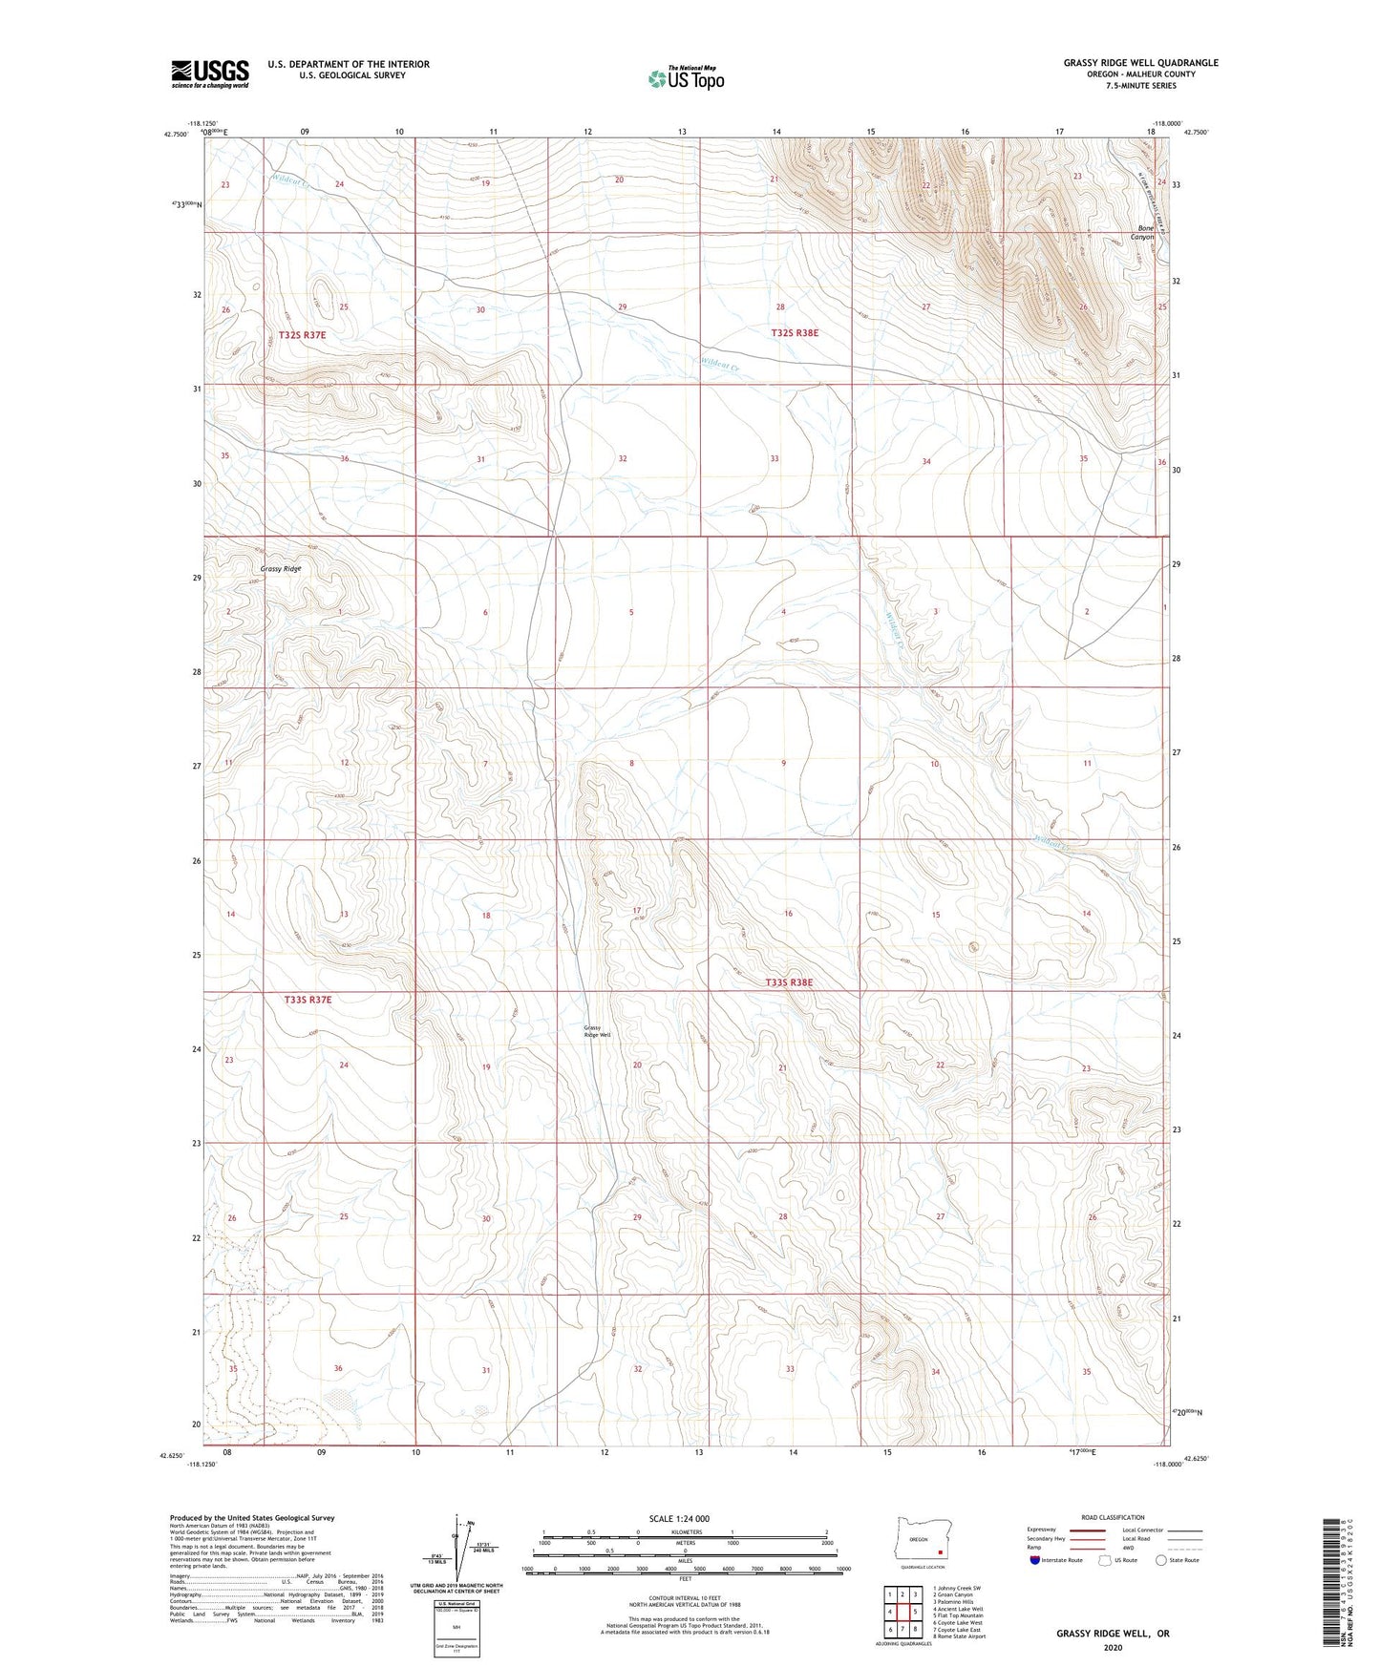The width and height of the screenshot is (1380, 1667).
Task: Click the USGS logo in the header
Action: pos(210,74)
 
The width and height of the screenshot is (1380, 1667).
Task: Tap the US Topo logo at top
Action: pos(686,78)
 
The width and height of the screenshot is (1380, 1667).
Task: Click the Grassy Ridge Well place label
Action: pos(597,1031)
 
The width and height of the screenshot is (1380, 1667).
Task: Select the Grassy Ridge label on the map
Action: pos(280,569)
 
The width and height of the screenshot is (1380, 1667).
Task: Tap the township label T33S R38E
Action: pos(789,982)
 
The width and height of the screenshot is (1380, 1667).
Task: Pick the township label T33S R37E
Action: pos(308,1000)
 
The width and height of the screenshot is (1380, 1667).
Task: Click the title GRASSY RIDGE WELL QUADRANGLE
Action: pos(1140,63)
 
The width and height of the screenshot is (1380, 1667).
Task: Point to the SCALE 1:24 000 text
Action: pos(679,1519)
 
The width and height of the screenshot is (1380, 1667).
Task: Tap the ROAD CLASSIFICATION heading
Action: pos(1114,1517)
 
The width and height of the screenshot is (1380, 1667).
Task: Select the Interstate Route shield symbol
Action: pos(1035,1560)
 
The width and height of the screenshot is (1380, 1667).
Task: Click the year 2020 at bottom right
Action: pos(1112,1647)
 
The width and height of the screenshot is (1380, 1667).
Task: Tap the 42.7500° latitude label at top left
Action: pos(176,135)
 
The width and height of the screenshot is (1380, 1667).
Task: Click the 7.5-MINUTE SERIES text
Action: pos(1140,86)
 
